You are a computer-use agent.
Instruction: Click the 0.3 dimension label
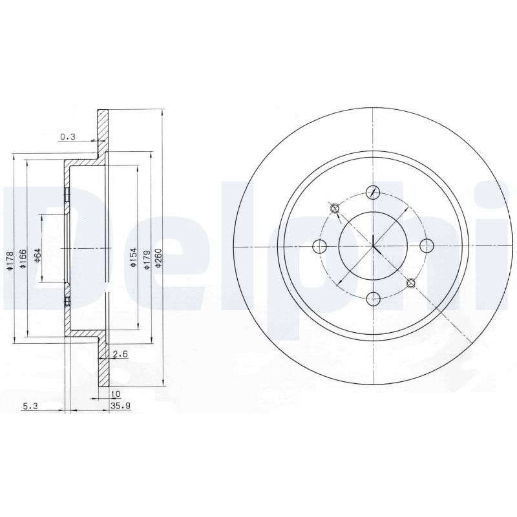(69, 136)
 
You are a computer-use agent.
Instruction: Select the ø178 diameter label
(10, 262)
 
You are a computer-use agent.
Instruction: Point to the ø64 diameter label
(37, 255)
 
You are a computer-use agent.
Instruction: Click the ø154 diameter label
(133, 257)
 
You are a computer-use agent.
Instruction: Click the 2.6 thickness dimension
(120, 354)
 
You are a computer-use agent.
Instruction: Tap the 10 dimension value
(116, 394)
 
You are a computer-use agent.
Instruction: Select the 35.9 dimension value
(121, 406)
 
